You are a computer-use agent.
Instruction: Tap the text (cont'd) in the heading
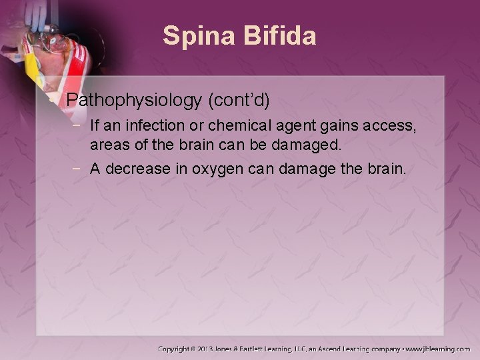tap(240, 101)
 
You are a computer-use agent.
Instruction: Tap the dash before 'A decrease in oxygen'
tap(80, 169)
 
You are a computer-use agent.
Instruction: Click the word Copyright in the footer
tap(178, 349)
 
